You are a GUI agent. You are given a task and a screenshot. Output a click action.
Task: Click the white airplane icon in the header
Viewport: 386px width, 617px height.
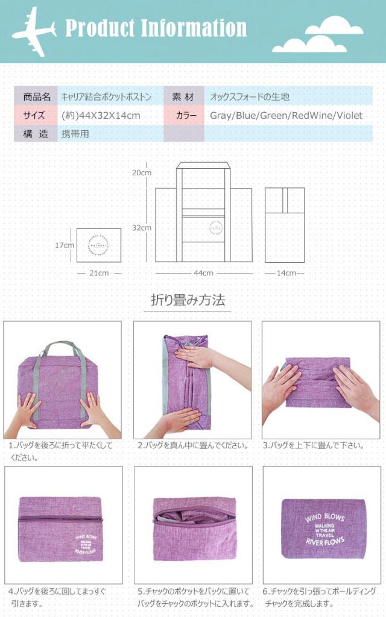(33, 31)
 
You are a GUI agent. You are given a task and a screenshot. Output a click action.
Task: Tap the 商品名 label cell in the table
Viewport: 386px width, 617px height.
(37, 96)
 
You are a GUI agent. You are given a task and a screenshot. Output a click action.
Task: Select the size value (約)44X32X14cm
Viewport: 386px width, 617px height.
(101, 115)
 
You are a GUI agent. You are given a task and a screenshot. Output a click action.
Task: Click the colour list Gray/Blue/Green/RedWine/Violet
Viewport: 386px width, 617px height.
(286, 115)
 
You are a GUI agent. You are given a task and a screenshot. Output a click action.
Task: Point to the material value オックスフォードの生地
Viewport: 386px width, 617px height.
(250, 96)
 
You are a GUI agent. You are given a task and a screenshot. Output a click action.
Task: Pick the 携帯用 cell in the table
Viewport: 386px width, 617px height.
(75, 134)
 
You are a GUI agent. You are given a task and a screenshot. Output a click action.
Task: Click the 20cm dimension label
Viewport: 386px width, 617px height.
(142, 172)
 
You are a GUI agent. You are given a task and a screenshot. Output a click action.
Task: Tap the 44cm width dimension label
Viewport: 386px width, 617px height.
(203, 273)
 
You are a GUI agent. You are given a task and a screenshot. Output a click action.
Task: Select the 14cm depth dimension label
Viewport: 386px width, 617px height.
(285, 273)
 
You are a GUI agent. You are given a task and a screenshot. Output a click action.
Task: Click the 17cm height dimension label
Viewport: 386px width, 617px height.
(64, 245)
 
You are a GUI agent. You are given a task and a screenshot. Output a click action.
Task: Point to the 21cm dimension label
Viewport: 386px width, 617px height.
(100, 273)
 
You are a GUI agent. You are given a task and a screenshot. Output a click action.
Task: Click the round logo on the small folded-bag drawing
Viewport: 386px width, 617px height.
(99, 245)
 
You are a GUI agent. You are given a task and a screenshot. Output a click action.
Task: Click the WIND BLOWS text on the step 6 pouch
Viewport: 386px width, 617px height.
(324, 518)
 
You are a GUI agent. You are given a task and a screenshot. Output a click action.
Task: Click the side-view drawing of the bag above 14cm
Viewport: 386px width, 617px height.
(285, 224)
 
